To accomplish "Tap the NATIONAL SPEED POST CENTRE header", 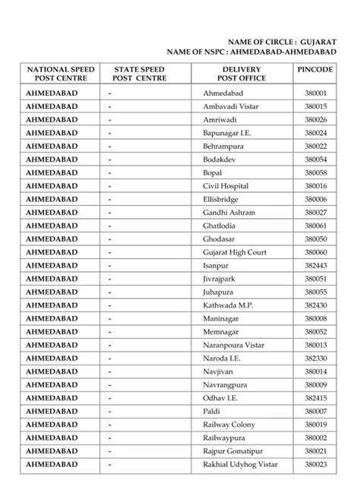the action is (61, 74).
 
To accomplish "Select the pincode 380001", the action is (315, 93).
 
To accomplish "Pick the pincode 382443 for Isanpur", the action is (315, 265).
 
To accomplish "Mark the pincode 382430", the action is (315, 305).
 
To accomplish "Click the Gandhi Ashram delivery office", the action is (229, 212).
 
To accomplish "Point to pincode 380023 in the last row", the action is (315, 464).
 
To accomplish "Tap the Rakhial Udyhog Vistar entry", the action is (238, 464).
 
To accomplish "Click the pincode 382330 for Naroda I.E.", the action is (315, 358).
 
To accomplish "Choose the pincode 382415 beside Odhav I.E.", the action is (315, 397).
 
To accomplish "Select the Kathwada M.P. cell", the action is (228, 305).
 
